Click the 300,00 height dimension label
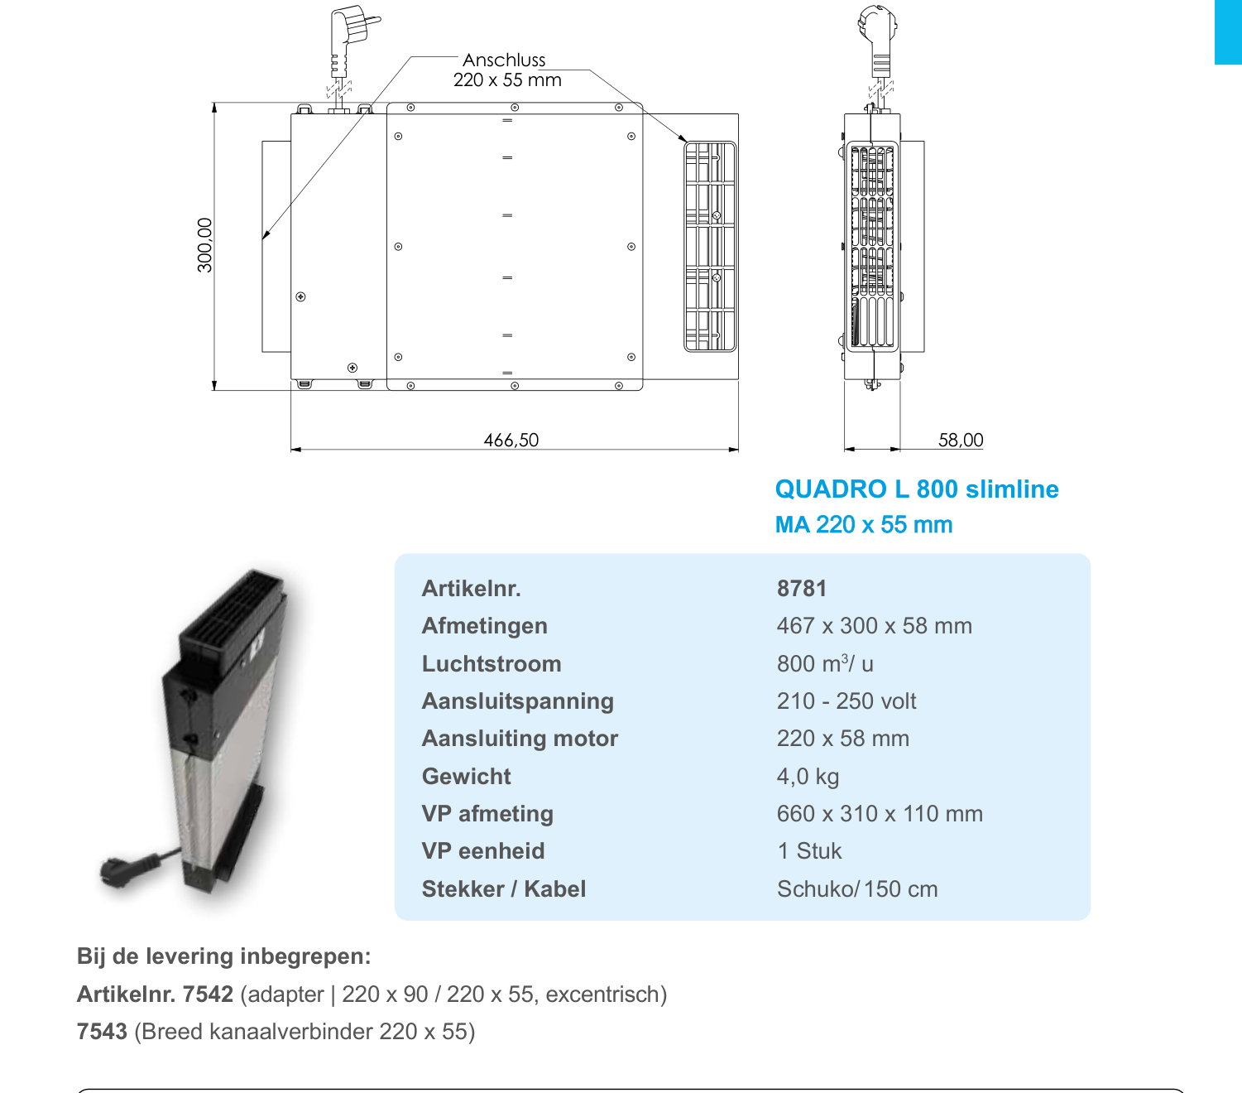(x=204, y=245)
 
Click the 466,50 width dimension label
(x=511, y=440)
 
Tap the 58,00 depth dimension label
(x=961, y=440)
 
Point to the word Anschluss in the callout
(x=504, y=60)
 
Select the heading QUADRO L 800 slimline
(x=917, y=489)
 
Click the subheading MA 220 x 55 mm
(x=864, y=525)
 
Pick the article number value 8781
(x=802, y=589)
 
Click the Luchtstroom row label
(x=492, y=663)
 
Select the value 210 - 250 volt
(x=846, y=701)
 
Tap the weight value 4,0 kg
(x=808, y=777)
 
